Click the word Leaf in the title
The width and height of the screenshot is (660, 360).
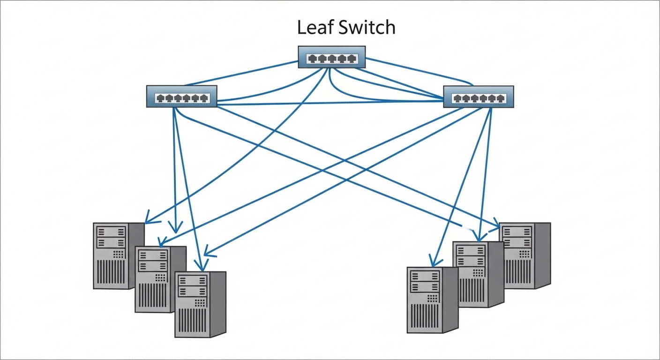click(x=315, y=28)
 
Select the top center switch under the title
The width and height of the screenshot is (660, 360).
click(x=331, y=57)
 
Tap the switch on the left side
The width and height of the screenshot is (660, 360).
click(x=181, y=97)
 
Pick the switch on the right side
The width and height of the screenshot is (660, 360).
click(x=478, y=97)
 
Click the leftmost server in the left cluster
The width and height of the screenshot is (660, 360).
click(x=112, y=255)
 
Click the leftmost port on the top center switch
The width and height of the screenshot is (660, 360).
click(x=312, y=59)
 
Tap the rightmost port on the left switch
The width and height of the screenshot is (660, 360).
click(x=203, y=98)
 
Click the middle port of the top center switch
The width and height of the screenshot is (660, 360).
click(x=332, y=59)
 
